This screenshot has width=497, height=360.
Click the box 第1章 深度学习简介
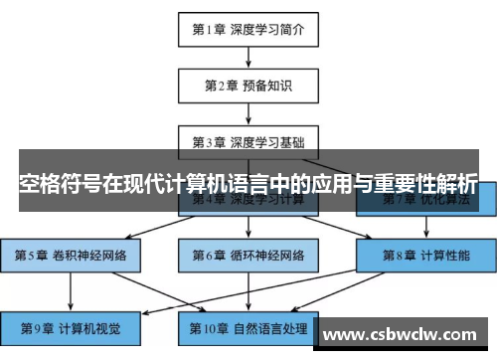(x=248, y=29)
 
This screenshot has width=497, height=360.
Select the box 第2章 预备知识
(x=248, y=84)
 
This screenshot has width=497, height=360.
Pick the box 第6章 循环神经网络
(x=248, y=255)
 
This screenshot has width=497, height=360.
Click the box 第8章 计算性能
(x=425, y=255)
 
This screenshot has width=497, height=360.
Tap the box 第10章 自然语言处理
(x=248, y=325)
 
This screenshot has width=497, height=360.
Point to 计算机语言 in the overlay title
(x=234, y=185)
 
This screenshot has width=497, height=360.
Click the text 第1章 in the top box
(x=210, y=29)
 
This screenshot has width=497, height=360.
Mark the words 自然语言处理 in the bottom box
(x=270, y=325)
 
